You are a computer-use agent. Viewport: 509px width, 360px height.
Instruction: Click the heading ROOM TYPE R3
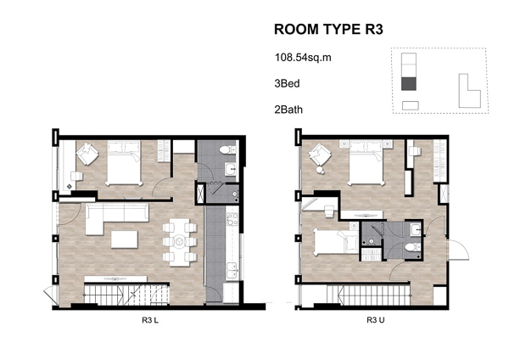(x=328, y=29)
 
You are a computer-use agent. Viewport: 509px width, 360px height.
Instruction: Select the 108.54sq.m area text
(x=303, y=58)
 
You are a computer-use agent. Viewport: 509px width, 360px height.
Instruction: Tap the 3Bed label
(x=287, y=83)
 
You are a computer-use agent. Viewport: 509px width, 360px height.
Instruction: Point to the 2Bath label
(x=288, y=110)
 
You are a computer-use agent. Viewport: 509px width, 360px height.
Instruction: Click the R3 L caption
(x=150, y=320)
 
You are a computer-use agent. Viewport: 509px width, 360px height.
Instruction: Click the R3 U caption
(x=376, y=320)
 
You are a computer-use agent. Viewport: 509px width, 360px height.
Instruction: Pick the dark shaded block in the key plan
(x=409, y=84)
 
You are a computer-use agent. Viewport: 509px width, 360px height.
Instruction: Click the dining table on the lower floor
(x=180, y=242)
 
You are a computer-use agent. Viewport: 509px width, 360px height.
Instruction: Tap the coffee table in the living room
(x=125, y=239)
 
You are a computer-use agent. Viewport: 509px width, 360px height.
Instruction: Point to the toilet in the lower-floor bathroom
(x=227, y=150)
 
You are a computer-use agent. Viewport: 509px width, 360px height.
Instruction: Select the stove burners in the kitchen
(x=232, y=219)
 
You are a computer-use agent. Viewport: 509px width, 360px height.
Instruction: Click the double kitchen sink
(x=232, y=270)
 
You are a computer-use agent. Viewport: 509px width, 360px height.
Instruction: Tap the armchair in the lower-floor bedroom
(x=87, y=154)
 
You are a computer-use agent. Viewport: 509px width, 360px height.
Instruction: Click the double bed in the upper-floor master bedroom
(x=366, y=162)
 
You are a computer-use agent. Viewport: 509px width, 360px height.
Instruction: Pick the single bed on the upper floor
(x=336, y=241)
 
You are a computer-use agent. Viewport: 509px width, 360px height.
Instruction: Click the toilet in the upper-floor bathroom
(x=412, y=248)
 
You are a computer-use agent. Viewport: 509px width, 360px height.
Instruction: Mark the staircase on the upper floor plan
(x=367, y=295)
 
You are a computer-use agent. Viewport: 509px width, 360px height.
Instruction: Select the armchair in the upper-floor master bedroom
(x=320, y=155)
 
